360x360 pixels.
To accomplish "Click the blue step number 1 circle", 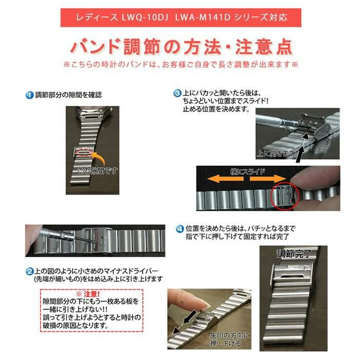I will point(29,95).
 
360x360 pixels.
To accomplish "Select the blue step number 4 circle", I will point(179,229).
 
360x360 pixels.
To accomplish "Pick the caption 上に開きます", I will point(276,153).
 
